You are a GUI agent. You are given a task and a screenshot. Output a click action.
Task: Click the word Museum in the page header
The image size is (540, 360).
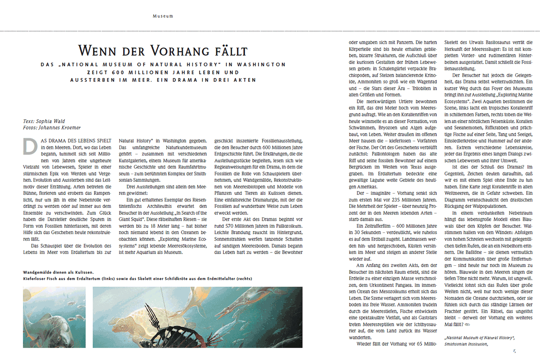(163, 16)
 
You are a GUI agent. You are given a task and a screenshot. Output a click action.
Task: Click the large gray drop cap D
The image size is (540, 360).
(30, 146)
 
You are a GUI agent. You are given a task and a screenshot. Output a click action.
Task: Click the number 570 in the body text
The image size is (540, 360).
(235, 227)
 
